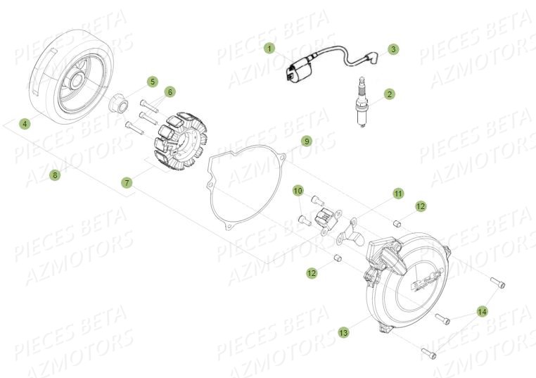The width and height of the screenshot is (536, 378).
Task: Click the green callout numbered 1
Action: (269, 49)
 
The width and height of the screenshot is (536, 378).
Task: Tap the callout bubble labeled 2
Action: (389, 94)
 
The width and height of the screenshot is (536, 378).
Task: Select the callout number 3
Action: (393, 49)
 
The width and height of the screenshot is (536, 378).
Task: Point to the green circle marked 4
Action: (25, 124)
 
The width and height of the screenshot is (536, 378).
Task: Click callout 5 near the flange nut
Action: (152, 82)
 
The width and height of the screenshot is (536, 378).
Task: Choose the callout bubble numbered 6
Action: (170, 92)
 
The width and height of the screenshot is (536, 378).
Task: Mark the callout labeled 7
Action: (127, 182)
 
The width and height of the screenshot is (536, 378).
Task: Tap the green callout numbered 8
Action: (55, 175)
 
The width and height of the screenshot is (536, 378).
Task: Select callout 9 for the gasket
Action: (306, 141)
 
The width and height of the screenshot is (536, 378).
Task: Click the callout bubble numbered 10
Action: (298, 191)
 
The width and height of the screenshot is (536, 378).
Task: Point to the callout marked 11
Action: (398, 193)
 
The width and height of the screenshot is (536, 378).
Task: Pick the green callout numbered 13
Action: (343, 333)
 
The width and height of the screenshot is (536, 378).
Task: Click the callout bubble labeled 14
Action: (482, 310)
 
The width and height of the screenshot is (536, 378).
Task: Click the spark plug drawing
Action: (363, 101)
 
